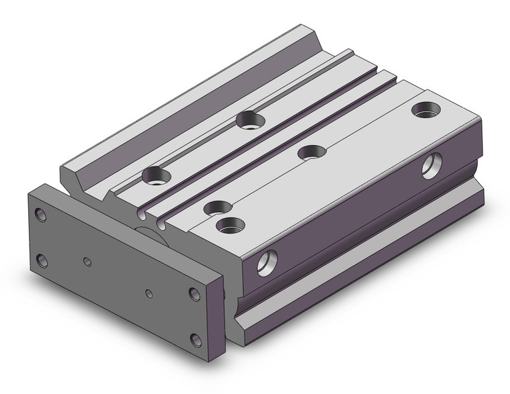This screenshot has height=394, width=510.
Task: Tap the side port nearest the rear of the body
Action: coord(431,166)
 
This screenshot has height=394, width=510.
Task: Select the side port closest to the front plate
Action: coord(267,262)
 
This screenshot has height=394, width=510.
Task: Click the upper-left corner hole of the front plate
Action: coord(42,215)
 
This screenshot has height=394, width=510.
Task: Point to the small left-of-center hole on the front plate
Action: coord(87,260)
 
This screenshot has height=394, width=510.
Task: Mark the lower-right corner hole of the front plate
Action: coord(195,340)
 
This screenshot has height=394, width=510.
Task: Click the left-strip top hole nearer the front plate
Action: coord(156,177)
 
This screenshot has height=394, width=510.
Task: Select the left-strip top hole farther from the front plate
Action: coord(250,121)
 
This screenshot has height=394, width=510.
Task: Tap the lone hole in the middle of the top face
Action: coord(311,152)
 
